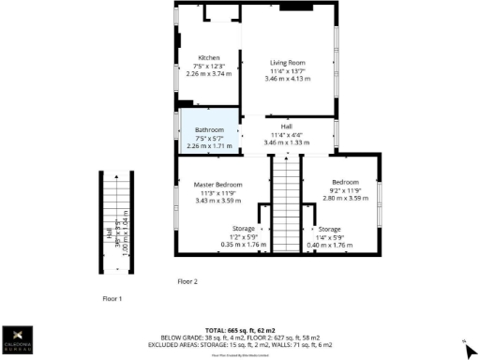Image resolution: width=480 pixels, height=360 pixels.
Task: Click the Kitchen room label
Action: (207, 58)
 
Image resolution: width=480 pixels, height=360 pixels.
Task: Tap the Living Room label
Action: (288, 62)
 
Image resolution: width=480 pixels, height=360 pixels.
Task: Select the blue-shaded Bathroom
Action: (209, 130)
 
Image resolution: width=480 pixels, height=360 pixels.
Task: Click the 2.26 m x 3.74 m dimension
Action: (207, 74)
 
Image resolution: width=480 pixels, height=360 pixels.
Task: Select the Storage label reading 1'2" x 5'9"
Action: (244, 236)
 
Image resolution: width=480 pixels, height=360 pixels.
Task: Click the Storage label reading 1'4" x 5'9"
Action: (328, 236)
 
